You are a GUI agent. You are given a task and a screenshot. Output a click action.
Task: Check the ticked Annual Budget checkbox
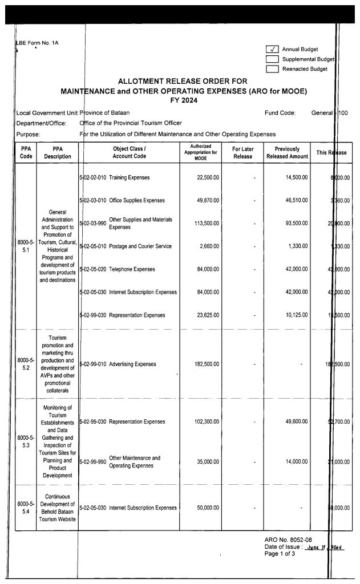[272, 49]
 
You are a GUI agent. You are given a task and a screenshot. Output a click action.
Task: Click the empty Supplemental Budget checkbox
[272, 59]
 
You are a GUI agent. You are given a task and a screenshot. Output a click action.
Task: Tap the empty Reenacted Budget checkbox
[272, 69]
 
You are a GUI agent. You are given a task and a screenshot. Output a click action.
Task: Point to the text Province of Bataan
[105, 113]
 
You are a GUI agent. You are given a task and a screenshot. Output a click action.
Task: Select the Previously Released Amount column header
[288, 152]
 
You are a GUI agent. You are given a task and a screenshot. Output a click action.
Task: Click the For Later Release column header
[243, 152]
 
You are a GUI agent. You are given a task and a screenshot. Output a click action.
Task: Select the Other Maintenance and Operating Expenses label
[135, 461]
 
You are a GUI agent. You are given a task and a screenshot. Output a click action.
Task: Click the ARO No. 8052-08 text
[288, 539]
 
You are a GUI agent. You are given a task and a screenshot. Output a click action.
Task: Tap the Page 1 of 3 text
[280, 554]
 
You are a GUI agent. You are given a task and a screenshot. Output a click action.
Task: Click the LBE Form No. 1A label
[38, 43]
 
